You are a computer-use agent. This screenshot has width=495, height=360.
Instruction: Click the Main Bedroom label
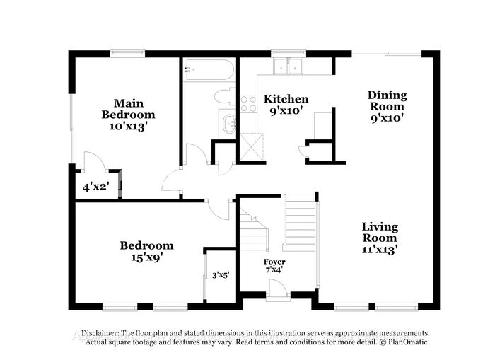click(128, 114)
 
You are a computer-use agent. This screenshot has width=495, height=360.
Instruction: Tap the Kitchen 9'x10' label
click(286, 105)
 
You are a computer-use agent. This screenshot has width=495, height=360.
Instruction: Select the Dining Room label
click(387, 106)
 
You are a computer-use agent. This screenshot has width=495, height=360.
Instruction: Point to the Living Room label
click(380, 238)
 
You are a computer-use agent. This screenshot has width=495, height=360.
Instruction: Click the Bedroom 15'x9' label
click(146, 251)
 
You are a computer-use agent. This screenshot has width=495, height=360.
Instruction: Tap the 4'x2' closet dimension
click(96, 187)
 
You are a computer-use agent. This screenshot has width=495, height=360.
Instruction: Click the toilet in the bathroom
click(226, 97)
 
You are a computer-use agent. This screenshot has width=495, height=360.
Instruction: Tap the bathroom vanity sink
click(229, 125)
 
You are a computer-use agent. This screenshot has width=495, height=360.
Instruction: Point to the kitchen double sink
click(289, 67)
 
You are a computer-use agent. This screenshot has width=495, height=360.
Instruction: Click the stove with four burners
click(248, 104)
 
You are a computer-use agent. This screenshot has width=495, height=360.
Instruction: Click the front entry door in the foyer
click(279, 290)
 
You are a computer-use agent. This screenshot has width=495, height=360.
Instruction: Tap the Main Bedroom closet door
click(93, 163)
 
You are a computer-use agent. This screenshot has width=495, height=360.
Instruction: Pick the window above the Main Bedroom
click(128, 52)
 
